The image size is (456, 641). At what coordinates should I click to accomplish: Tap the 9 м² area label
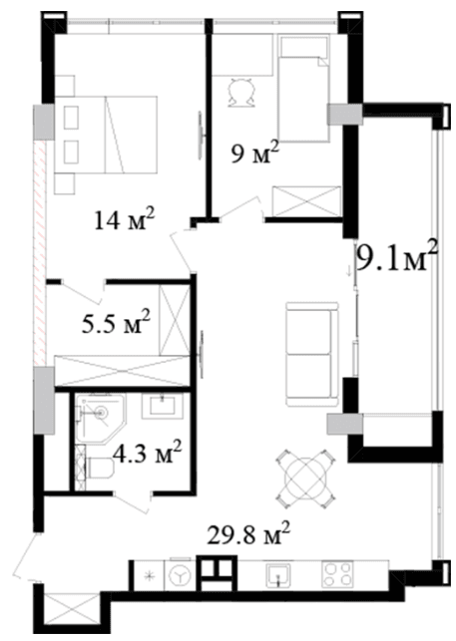254,153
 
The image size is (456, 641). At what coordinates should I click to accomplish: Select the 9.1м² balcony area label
397,257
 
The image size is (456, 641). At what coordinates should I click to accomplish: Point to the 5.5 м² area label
117,323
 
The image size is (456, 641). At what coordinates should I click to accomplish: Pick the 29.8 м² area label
248,533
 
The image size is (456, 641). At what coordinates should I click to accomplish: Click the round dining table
306,479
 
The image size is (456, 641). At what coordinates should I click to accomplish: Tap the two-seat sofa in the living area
312,355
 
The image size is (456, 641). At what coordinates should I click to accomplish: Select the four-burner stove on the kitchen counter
337,574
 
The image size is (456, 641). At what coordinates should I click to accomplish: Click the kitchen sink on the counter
278,575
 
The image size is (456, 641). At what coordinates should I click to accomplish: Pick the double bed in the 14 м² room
106,135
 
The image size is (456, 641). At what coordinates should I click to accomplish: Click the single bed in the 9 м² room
303,89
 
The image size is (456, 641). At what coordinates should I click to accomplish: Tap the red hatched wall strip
40,252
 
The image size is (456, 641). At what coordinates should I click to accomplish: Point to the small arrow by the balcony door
349,271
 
